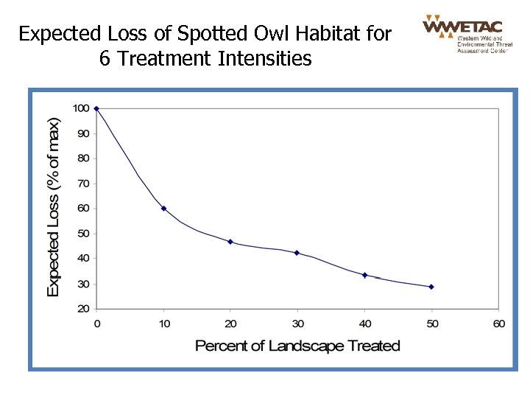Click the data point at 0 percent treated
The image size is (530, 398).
click(96, 108)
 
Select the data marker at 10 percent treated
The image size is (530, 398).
click(163, 209)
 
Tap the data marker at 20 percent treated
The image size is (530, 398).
click(230, 242)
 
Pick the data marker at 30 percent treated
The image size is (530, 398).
click(297, 253)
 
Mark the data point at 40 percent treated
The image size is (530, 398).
click(365, 275)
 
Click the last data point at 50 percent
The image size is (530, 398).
click(431, 287)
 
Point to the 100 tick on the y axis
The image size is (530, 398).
click(81, 108)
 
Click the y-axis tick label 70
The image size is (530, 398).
click(83, 184)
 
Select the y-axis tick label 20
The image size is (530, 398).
click(83, 309)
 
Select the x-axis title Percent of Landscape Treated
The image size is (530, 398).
click(297, 346)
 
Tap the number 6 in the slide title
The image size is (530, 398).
click(105, 58)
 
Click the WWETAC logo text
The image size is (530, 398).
click(462, 26)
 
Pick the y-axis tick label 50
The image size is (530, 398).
click(83, 234)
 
